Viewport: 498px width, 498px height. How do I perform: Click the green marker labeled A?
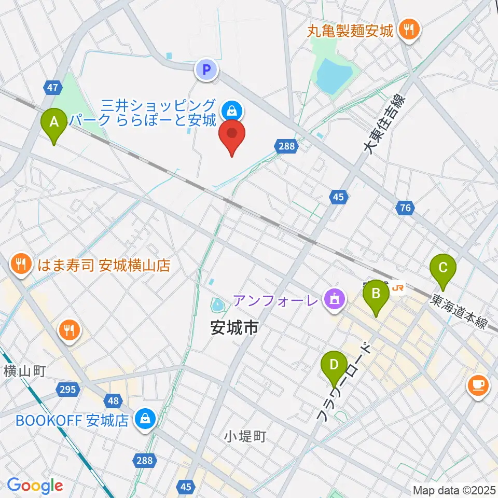[x=54, y=122]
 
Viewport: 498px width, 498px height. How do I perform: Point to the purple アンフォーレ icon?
[x=334, y=299]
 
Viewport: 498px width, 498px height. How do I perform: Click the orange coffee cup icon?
[x=477, y=385]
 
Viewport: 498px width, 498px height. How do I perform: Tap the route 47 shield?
[x=52, y=88]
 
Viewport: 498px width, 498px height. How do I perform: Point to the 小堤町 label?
[x=245, y=437]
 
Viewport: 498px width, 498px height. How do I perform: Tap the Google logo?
[x=35, y=486]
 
